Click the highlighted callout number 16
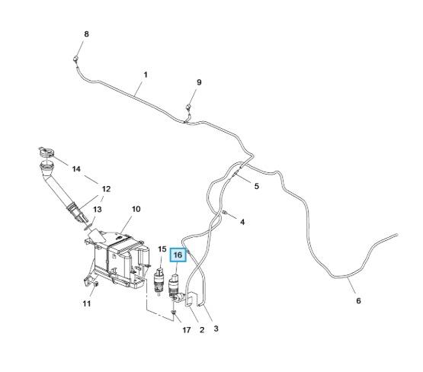(x=178, y=255)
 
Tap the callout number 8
(x=86, y=34)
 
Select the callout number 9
(x=199, y=82)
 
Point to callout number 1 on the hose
(x=146, y=75)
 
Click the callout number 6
(x=358, y=300)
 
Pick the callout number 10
(x=136, y=209)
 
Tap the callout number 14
(x=76, y=169)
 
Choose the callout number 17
(x=187, y=330)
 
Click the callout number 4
(x=242, y=222)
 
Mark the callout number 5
(x=257, y=186)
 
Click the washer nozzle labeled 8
(x=75, y=59)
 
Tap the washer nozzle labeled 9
(x=189, y=107)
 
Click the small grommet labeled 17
(x=174, y=313)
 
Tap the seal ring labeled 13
(x=88, y=227)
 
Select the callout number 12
(x=106, y=189)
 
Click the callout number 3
(x=216, y=329)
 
